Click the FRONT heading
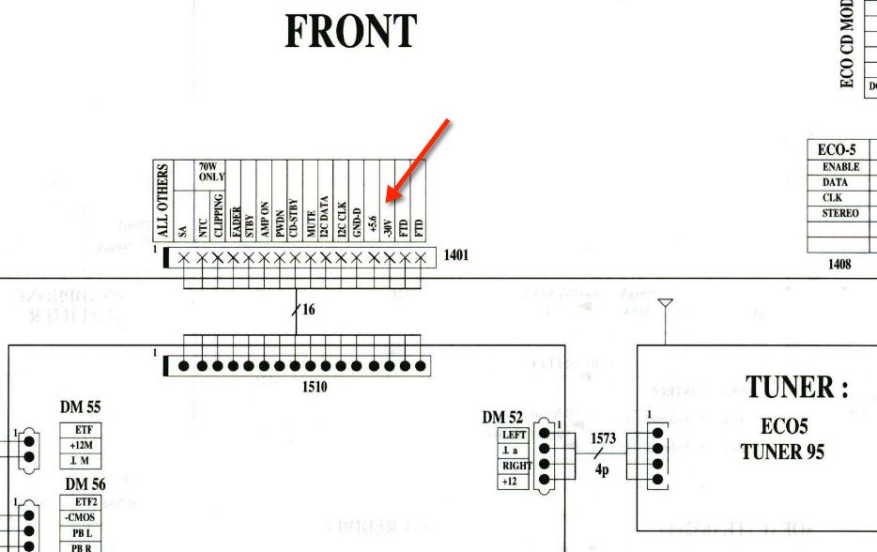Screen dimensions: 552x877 350,33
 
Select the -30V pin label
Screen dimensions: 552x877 389,226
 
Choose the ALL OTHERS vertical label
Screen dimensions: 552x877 163,201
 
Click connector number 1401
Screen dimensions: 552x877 455,254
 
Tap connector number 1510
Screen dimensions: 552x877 315,385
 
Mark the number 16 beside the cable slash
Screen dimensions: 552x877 308,309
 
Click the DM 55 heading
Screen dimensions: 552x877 81,407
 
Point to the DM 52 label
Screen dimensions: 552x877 503,418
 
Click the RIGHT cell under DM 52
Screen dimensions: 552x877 515,466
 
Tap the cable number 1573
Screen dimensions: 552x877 603,438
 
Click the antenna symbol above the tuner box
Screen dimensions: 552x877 666,305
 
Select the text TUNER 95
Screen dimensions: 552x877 782,452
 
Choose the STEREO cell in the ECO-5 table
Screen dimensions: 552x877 839,213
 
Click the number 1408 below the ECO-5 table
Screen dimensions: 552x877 839,265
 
